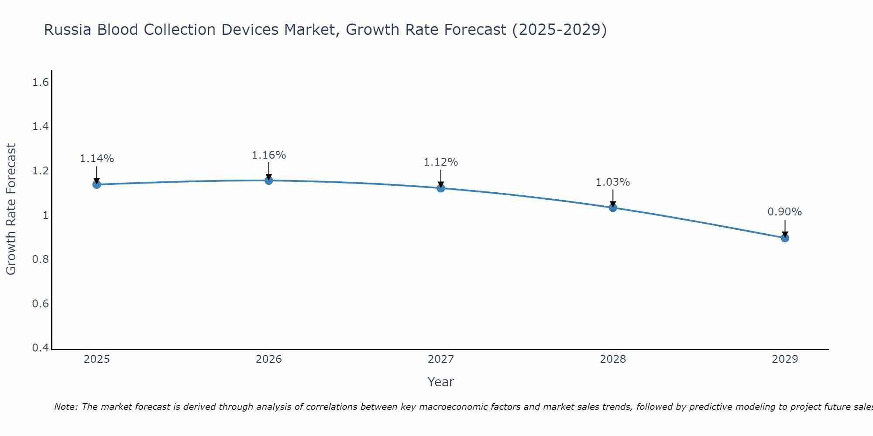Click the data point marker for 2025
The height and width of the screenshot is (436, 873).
coord(97,184)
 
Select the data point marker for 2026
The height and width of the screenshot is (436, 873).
coord(269,180)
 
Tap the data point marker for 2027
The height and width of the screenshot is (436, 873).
coord(441,188)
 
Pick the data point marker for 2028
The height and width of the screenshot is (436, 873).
coord(613,208)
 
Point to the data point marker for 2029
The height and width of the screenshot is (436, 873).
coord(785,238)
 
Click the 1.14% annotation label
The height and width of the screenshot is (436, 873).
coord(97,159)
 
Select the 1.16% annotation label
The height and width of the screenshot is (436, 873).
coord(269,155)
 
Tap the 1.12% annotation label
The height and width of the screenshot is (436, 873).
coord(441,162)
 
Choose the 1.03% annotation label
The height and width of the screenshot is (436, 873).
coord(613,182)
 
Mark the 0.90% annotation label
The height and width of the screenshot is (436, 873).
coord(785,212)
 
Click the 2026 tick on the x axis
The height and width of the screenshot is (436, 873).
coord(269,359)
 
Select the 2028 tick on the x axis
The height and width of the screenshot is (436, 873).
coord(613,359)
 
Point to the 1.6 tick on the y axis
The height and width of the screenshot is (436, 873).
coord(40,82)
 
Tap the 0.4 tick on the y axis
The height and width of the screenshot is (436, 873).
coord(40,348)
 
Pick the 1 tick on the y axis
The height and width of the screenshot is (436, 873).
coord(45,215)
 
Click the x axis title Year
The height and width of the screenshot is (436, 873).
coord(441,382)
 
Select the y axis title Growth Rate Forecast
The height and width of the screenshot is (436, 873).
coord(11,209)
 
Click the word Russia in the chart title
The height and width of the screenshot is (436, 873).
coord(68,30)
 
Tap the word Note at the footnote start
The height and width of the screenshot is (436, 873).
coord(66,407)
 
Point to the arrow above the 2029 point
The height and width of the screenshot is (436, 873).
coord(785,228)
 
